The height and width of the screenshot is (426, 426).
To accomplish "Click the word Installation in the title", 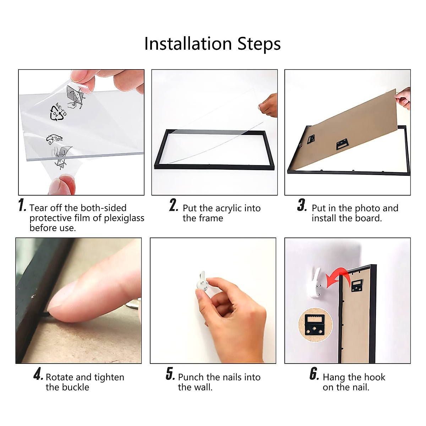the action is (188, 43).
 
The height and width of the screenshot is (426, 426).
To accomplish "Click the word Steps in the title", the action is (259, 44).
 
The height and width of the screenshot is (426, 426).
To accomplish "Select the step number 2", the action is (174, 205).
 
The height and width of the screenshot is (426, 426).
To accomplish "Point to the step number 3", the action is (302, 205).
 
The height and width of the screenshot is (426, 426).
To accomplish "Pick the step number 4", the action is (38, 374).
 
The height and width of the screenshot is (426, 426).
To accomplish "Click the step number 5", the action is (170, 374).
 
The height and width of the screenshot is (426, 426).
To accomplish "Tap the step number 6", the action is (314, 374).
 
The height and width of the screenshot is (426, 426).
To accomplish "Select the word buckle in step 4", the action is (75, 387).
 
